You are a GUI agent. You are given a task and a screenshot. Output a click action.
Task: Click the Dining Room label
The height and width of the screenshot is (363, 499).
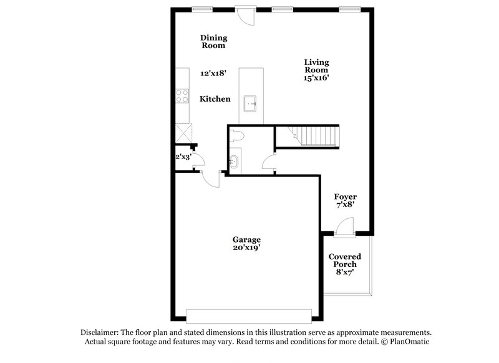coord(213,41)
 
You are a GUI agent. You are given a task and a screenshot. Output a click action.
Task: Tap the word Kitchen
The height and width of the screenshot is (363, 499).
coord(215,99)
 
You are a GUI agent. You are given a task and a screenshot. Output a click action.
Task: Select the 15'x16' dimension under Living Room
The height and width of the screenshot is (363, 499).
coord(316,78)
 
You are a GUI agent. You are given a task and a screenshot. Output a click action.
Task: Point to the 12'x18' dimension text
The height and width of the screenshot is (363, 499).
coord(213,73)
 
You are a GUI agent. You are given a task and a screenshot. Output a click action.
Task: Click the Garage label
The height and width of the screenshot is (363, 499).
coord(246,240)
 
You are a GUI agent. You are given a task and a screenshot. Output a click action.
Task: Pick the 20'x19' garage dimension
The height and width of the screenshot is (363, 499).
coord(246,248)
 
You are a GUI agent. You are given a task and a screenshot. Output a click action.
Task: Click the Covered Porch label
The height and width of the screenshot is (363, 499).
coord(344,261)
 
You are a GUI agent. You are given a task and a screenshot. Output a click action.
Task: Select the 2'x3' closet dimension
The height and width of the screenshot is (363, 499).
coord(183,157)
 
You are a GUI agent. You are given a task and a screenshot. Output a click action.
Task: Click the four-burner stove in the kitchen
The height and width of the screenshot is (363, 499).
coord(183,95)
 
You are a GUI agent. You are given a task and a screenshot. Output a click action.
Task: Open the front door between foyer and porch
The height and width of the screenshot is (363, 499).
coord(344,227)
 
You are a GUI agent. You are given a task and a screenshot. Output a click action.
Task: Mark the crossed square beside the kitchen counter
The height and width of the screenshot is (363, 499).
coord(184,132)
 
